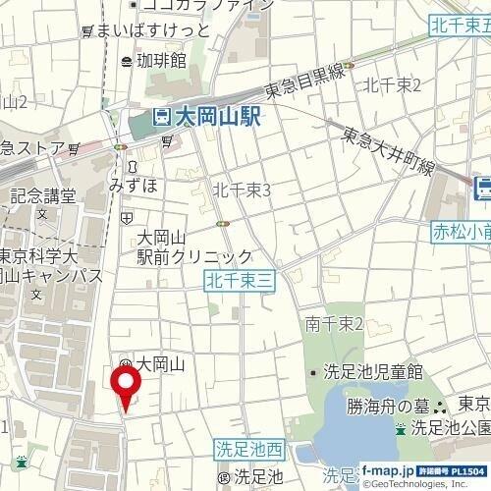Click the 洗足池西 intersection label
click(x=249, y=451)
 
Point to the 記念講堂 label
click(x=42, y=195)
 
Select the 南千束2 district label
click(x=334, y=324)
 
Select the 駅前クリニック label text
click(x=194, y=257)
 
